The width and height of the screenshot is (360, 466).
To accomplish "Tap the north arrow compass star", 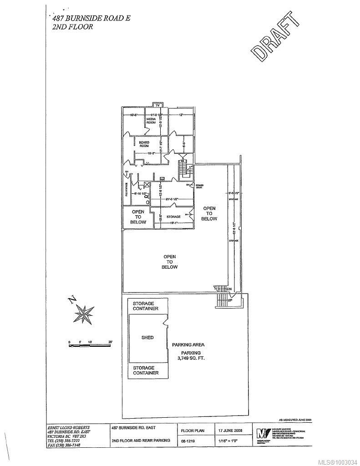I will coord(83,314).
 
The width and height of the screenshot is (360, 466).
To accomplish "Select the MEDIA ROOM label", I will coord(151,122).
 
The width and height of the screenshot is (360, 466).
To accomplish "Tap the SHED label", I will coord(147,338).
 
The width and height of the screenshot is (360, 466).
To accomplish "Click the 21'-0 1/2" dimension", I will coord(171,199).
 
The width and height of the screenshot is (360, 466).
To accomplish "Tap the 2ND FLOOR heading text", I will coord(73,27).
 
